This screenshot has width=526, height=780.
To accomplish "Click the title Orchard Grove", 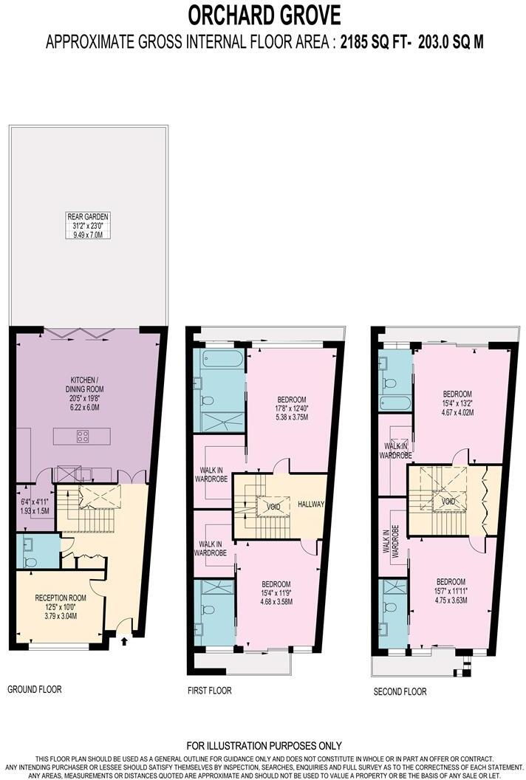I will (264, 14).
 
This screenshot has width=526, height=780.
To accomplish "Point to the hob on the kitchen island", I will (83, 437).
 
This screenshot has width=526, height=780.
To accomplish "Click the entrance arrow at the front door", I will (123, 641).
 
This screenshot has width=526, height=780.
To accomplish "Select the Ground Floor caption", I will (35, 689).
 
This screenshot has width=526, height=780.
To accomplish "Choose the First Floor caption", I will (210, 691).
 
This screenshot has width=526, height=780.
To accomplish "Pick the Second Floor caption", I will (400, 691).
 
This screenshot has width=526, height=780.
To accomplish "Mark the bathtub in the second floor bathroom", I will (394, 403).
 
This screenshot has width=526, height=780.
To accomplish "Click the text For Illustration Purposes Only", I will (264, 746).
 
